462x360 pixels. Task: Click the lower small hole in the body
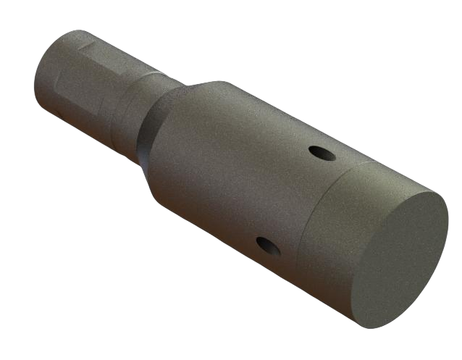tap(269, 246)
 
